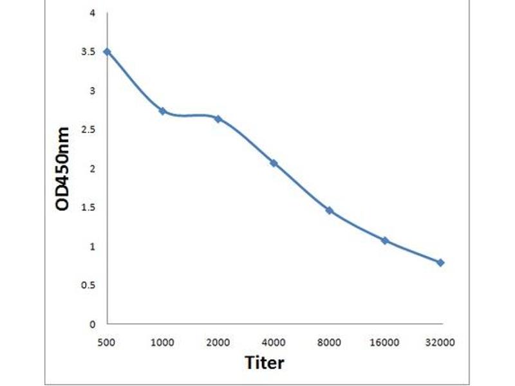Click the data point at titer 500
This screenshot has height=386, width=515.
click(x=107, y=51)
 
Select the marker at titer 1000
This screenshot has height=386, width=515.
click(x=162, y=111)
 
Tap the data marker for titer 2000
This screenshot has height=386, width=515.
click(x=218, y=119)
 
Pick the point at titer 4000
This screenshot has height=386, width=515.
click(x=274, y=163)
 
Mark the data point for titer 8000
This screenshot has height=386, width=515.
click(x=329, y=210)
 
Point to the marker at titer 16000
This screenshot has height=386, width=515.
click(x=385, y=241)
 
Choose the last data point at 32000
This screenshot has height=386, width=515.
click(x=440, y=262)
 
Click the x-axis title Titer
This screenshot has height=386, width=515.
click(x=264, y=362)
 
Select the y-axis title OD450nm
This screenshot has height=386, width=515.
click(x=62, y=169)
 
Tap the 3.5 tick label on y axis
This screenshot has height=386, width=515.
click(x=88, y=52)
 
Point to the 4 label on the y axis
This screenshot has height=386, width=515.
click(x=93, y=13)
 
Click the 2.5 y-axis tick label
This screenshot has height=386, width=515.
click(x=88, y=130)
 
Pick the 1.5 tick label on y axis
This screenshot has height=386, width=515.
click(x=88, y=208)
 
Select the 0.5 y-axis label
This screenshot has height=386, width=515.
click(x=88, y=285)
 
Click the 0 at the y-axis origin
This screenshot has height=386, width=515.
click(x=93, y=324)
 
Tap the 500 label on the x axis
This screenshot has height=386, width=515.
click(x=107, y=342)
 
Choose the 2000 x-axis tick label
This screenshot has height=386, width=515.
click(x=218, y=342)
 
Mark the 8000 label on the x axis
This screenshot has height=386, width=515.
click(x=329, y=342)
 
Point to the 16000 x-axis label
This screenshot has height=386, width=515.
click(x=385, y=342)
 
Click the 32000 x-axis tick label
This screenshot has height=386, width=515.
click(x=440, y=342)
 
